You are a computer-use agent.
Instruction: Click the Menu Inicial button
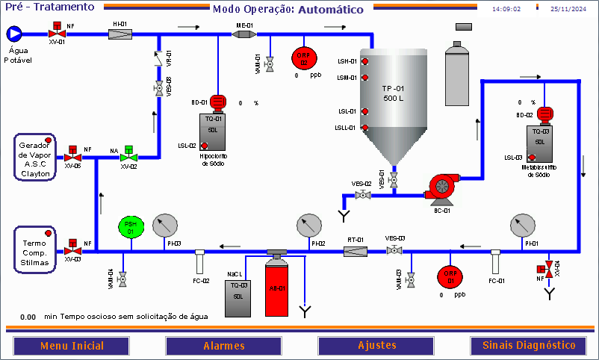point(72,346)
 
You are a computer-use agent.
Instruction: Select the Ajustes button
point(376,346)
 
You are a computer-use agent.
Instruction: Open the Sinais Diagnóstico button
point(529,346)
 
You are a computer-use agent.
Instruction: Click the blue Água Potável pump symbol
point(14,34)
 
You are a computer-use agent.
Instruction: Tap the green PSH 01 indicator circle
point(131,227)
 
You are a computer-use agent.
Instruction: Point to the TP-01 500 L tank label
point(394,94)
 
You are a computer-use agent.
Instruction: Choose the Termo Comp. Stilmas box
point(34,248)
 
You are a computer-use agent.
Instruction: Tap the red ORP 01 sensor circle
point(450,275)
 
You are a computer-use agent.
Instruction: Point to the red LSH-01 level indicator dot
point(366,61)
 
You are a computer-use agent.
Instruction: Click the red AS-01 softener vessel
point(277,286)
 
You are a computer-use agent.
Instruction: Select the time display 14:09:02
point(506,10)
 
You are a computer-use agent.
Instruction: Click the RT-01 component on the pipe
point(356,251)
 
